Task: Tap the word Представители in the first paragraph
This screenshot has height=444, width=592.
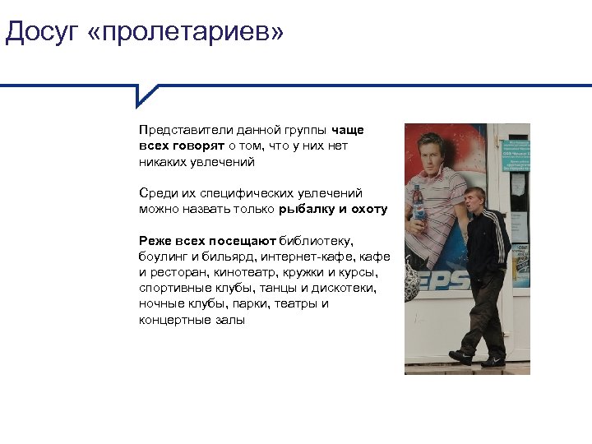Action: [x=185, y=130]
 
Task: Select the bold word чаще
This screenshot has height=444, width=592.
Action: [x=347, y=130]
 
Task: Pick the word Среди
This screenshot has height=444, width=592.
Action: [x=156, y=193]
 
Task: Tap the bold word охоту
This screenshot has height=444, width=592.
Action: [x=368, y=209]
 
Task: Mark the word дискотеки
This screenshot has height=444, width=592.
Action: [x=344, y=288]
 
